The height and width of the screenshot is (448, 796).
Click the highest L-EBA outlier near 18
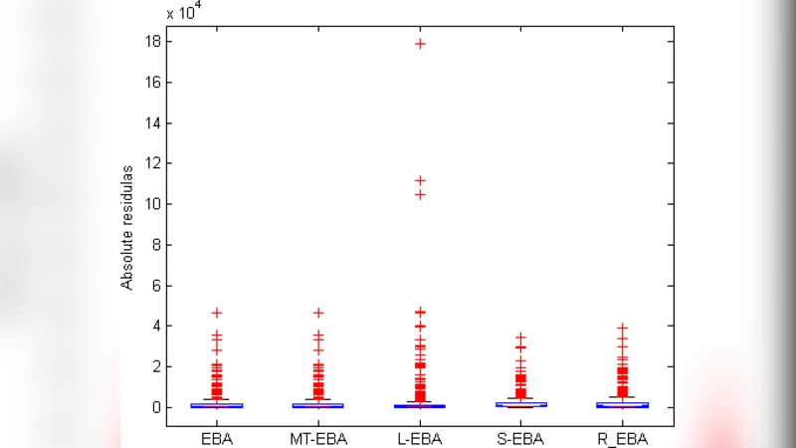click(x=420, y=44)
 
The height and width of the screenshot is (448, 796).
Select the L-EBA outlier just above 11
click(x=420, y=181)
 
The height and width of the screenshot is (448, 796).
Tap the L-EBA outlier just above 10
click(x=420, y=195)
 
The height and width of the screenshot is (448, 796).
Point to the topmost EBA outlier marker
click(x=217, y=313)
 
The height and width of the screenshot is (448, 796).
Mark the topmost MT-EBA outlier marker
click(x=318, y=313)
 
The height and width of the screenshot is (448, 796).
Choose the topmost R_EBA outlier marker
click(x=622, y=328)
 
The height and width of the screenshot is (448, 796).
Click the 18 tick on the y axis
click(x=153, y=42)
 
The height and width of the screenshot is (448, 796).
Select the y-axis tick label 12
click(x=153, y=163)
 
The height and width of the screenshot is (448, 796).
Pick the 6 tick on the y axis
click(x=156, y=286)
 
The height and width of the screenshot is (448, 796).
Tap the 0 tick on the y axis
click(x=156, y=407)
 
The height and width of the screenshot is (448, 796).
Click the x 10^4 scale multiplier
click(x=184, y=12)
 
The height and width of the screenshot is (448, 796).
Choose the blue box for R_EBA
click(x=622, y=404)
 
